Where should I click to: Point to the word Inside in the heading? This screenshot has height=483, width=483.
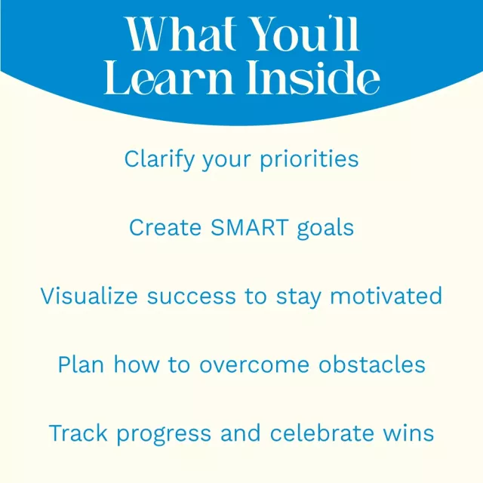coord(313,77)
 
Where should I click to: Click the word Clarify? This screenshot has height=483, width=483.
coord(159,159)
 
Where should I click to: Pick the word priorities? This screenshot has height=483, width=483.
coord(309,159)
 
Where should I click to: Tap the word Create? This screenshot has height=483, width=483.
coord(165,228)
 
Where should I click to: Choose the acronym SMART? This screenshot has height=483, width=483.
coord(250,228)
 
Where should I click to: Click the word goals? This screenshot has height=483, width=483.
coord(325,228)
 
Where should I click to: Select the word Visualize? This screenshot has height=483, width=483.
coord(89,296)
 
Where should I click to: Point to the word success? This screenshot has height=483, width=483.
coord(191,297)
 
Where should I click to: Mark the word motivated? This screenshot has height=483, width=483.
coord(386,296)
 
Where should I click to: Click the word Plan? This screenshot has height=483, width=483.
coord(81,365)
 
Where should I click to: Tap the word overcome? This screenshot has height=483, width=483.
coord(254,366)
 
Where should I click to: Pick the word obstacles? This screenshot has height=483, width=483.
coord(372,365)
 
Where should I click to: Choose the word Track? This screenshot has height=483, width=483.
coord(78,432)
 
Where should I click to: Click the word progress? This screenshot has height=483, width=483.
coord(164,435)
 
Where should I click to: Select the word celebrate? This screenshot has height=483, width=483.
coord(322,432)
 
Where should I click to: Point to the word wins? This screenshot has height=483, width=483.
coord(408,432)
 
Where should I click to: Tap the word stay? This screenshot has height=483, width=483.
coord(299,297)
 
